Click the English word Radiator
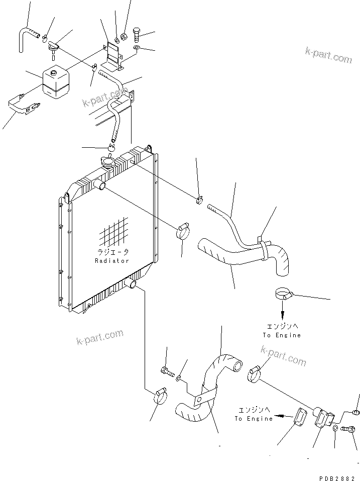[x=112, y=261]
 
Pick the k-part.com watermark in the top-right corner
[x=328, y=54]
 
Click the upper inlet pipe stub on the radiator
[x=101, y=186]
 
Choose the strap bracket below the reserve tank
[x=24, y=107]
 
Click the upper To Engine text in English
[x=281, y=335]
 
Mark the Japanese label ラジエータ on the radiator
[x=113, y=252]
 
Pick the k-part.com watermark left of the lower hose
[x=99, y=337]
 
